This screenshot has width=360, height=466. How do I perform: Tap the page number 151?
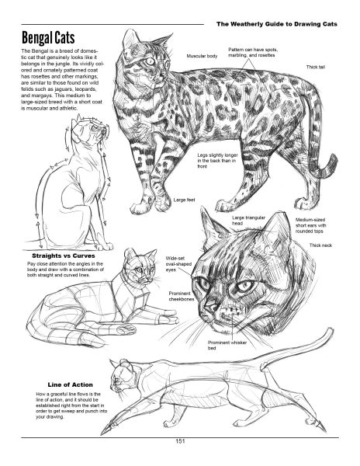[x=179, y=442]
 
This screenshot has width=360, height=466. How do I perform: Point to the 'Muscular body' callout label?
[x=202, y=57]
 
